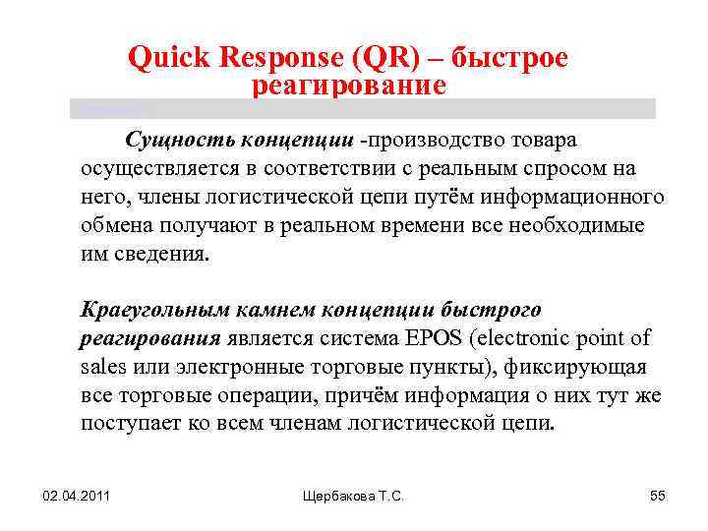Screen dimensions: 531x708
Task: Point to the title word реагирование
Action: click(x=349, y=87)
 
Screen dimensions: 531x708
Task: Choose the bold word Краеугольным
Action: click(x=154, y=310)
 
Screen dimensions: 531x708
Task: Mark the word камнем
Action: click(x=272, y=310)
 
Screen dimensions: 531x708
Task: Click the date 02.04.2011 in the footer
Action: click(x=77, y=497)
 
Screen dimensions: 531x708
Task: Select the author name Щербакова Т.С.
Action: click(x=353, y=497)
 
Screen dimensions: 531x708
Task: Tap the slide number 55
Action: click(x=658, y=497)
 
